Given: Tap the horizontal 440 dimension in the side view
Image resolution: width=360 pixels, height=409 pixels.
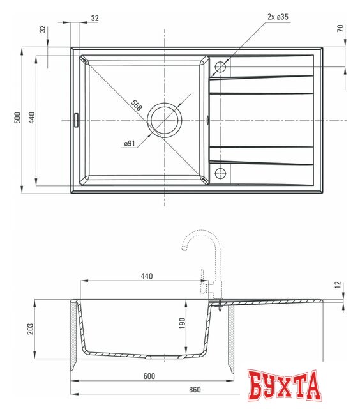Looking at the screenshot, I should pyautogui.click(x=146, y=276).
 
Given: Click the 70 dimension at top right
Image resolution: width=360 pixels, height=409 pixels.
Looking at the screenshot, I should pyautogui.click(x=340, y=28).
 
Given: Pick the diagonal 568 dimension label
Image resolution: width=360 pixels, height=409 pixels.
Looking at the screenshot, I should pyautogui.click(x=137, y=105).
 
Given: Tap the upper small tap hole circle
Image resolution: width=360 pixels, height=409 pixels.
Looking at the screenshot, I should pyautogui.click(x=220, y=66).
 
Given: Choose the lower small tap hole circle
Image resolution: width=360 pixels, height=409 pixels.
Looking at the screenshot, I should pyautogui.click(x=220, y=173).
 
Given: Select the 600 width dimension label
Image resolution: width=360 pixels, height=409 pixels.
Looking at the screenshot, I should pyautogui.click(x=149, y=376).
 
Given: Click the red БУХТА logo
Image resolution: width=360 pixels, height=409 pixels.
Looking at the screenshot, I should pyautogui.click(x=284, y=386).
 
